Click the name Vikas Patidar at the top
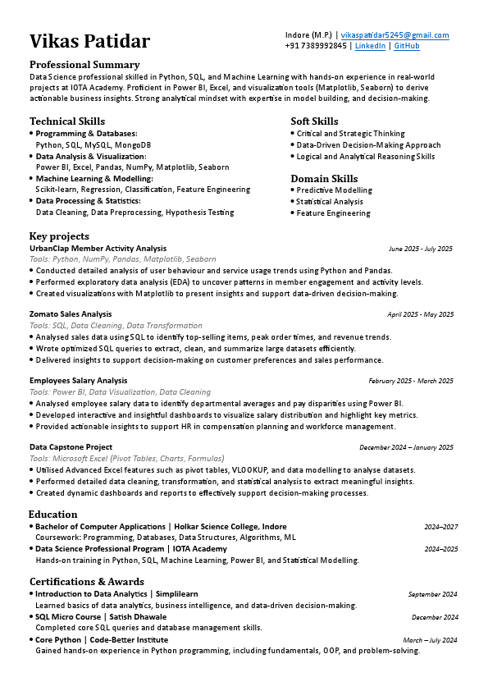pos(90,41)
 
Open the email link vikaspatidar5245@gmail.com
pos(395,35)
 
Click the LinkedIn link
pos(370,46)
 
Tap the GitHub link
pos(407,46)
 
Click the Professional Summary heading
pos(84,65)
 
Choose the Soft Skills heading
pos(314,121)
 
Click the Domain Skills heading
pos(324,178)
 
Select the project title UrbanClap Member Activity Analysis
pos(98,248)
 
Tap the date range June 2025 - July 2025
pos(421,248)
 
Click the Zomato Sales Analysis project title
pos(71,314)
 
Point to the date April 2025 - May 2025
pos(420,314)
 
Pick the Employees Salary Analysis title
pos(79,381)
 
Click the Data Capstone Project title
pos(71,447)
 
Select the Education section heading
pos(54,515)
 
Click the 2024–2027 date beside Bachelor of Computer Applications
pos(440,527)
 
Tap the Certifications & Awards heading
pos(86,582)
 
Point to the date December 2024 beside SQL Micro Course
pos(435,617)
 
